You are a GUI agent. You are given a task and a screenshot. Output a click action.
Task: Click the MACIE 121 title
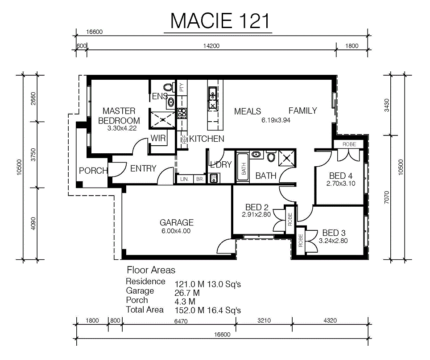click(220, 21)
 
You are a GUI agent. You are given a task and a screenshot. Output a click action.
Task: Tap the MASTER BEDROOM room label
click(119, 115)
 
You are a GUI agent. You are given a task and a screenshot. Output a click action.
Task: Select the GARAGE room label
click(177, 222)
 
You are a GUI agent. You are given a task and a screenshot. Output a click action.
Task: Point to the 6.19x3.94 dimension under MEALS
click(276, 120)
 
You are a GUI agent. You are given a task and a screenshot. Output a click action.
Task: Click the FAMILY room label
click(303, 110)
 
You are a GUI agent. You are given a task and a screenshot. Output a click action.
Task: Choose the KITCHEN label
click(207, 139)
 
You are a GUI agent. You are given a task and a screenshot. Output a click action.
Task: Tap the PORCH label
click(93, 171)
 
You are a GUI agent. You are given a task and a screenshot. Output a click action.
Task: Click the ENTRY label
click(143, 168)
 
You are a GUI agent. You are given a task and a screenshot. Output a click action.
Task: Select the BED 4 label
click(341, 176)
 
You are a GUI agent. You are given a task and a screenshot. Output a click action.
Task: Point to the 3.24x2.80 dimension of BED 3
click(333, 241)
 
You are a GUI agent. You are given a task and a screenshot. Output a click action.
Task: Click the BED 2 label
click(256, 207)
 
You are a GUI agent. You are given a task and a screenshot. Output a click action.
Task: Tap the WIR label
click(158, 138)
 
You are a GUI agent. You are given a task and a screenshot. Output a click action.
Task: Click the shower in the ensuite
click(162, 120)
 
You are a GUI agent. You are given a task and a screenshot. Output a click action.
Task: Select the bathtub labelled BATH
click(243, 167)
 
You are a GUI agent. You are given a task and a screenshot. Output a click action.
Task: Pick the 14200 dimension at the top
click(211, 46)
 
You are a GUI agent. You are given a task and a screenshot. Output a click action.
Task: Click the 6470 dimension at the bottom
click(181, 321)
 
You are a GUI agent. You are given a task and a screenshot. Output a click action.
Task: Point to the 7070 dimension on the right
click(386, 197)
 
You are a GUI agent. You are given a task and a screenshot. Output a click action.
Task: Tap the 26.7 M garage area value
click(187, 293)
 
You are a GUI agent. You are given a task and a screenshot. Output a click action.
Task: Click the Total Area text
click(145, 310)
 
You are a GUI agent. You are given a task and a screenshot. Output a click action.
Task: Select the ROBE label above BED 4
click(349, 144)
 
